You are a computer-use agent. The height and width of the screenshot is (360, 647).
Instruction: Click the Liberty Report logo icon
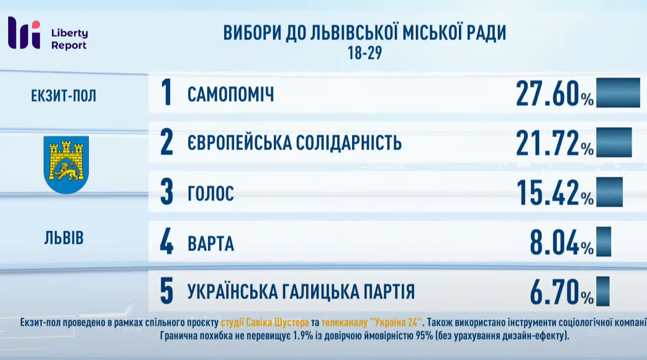pos(24,33)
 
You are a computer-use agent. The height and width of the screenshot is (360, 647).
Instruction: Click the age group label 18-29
pos(364,53)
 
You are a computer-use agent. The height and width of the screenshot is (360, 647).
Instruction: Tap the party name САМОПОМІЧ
pos(230,95)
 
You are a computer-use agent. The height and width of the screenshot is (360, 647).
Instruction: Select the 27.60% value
pos(554,94)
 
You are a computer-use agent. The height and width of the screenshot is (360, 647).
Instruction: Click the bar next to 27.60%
pos(618,92)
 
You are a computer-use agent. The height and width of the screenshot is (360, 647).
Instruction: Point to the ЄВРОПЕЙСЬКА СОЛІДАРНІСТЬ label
pos(294,143)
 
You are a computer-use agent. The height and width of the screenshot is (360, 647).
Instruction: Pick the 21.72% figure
pos(554,143)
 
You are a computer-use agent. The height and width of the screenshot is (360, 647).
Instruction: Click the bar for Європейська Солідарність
pos(614,142)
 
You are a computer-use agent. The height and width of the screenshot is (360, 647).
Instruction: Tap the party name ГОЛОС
pos(211,193)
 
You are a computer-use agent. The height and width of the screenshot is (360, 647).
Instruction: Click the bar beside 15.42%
pos(610,192)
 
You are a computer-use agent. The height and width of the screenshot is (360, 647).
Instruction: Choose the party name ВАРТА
pos(211,243)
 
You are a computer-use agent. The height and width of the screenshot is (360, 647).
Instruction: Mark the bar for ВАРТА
pos(604,241)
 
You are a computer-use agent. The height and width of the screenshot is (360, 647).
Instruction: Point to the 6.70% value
pos(561,292)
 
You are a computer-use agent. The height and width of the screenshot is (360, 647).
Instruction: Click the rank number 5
pos(166,291)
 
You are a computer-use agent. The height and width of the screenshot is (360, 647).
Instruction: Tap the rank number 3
pos(166,192)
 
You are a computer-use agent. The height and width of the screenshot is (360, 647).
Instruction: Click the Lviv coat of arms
pos(66,165)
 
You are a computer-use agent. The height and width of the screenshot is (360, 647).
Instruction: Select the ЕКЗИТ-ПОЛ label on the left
pos(63,96)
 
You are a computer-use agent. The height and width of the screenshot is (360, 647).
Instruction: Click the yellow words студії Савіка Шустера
pos(265,322)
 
